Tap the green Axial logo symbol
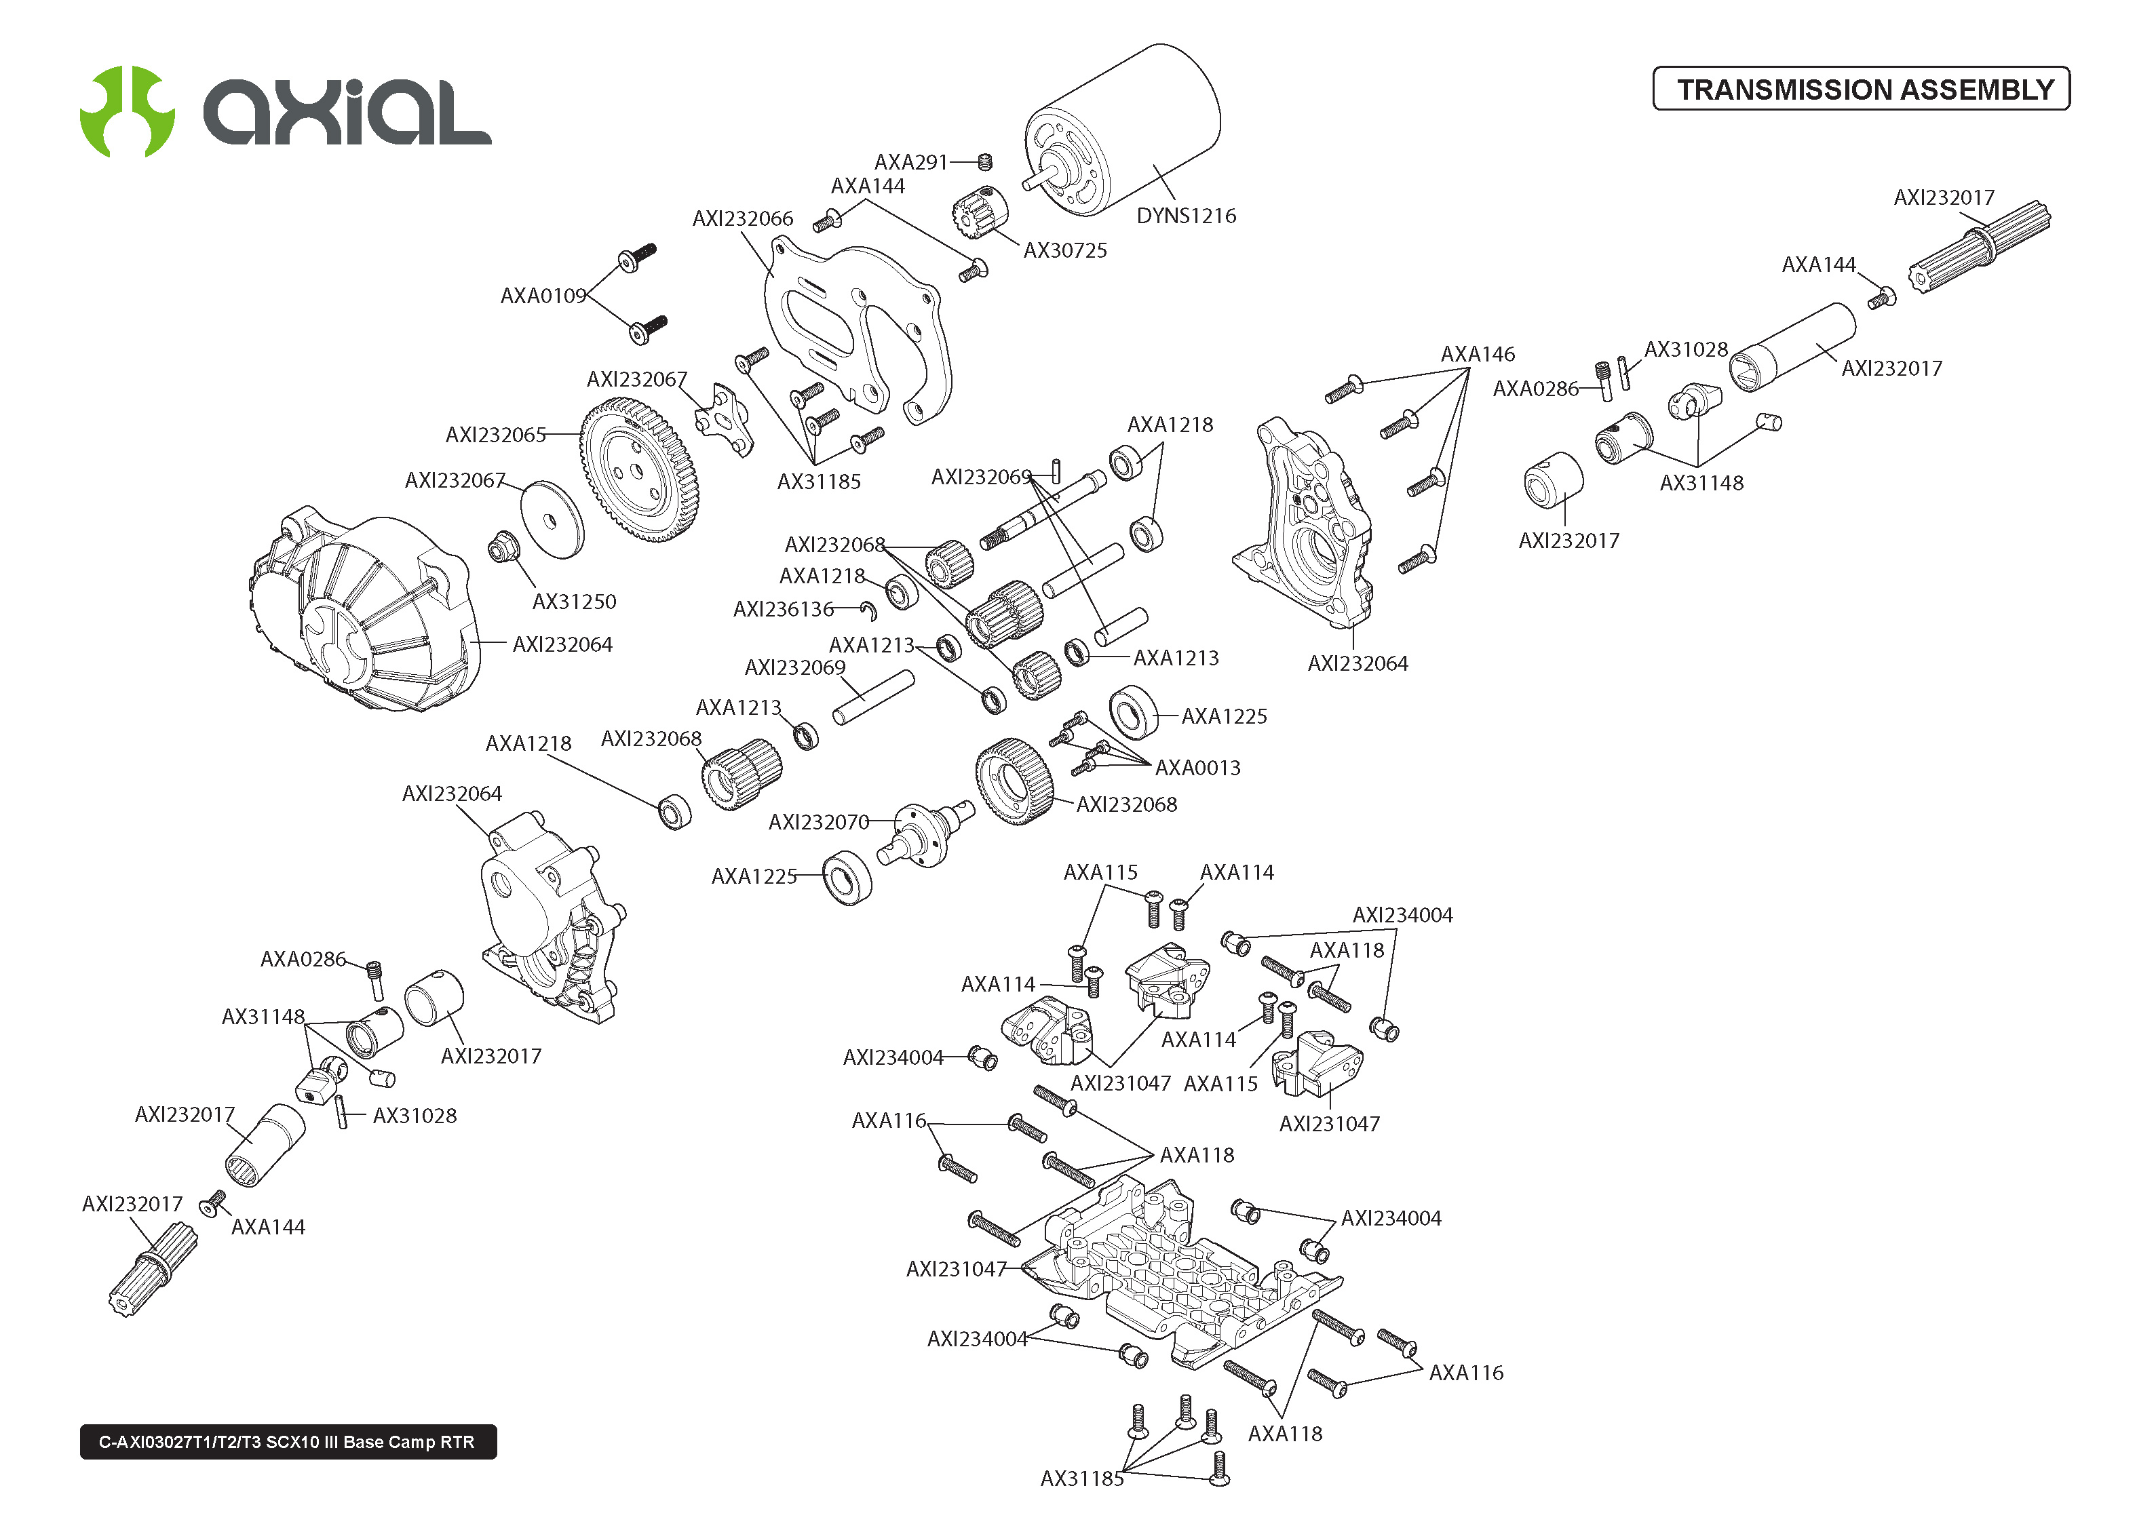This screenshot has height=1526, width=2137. coord(127,111)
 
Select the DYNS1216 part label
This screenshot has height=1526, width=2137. coord(1185,216)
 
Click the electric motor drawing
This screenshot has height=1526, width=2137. coord(1123,127)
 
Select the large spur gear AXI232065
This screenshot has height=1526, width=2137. coord(639,470)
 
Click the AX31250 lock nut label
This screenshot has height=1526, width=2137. coord(573,602)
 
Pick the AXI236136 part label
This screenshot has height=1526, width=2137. coord(783,610)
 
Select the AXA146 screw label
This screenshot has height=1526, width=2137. coord(1478,354)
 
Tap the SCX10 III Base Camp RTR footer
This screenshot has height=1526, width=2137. coord(288,1441)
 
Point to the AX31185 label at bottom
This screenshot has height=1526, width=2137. coord(1081,1478)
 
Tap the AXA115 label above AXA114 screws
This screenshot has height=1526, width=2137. coord(1100,872)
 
